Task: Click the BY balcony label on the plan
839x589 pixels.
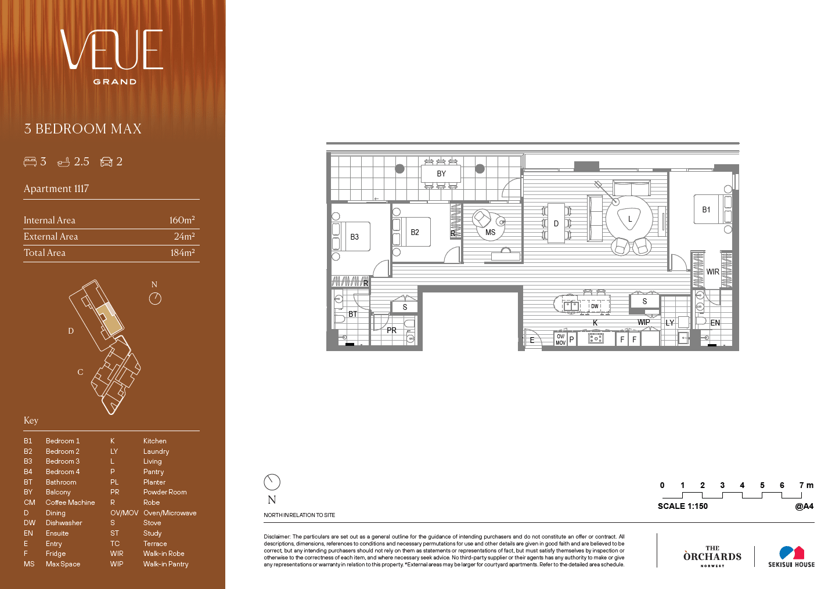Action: pyautogui.click(x=441, y=174)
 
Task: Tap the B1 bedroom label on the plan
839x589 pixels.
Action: pyautogui.click(x=706, y=209)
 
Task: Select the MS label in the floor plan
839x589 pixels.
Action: pyautogui.click(x=490, y=232)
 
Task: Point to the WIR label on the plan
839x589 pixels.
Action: pyautogui.click(x=712, y=272)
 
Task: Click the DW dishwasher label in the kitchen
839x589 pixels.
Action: pyautogui.click(x=595, y=306)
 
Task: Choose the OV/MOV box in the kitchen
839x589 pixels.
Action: pyautogui.click(x=560, y=339)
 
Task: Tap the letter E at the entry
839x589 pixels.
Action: pyautogui.click(x=532, y=341)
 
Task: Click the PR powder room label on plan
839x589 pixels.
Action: pyautogui.click(x=391, y=330)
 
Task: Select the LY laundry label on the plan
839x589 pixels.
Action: pyautogui.click(x=669, y=323)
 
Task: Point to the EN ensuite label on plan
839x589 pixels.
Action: pyautogui.click(x=715, y=323)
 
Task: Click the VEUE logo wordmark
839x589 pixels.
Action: pyautogui.click(x=111, y=49)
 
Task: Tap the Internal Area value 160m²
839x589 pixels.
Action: pyautogui.click(x=182, y=220)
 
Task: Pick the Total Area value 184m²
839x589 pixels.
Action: pyautogui.click(x=182, y=252)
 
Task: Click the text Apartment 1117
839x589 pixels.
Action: pyautogui.click(x=56, y=189)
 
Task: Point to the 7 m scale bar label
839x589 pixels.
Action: pyautogui.click(x=806, y=485)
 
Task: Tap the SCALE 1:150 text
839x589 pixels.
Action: pyautogui.click(x=683, y=506)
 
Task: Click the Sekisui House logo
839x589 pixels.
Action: pyautogui.click(x=791, y=557)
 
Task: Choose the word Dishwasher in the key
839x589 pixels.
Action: pyautogui.click(x=64, y=523)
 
